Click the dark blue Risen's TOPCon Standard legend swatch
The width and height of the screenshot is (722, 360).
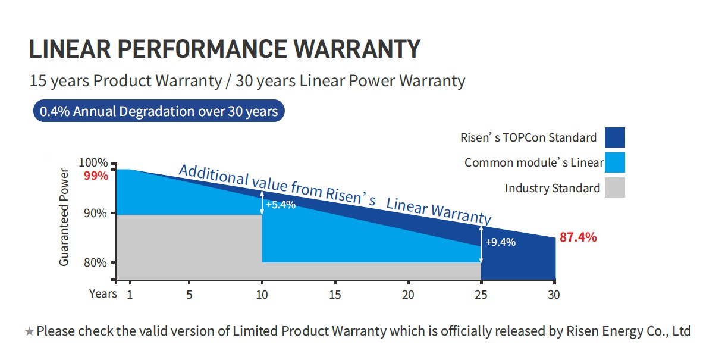pos(614,137)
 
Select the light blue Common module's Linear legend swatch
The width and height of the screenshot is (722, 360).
pos(614,162)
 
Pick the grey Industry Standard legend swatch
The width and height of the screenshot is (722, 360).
pos(614,187)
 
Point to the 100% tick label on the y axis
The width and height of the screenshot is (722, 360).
pos(93,162)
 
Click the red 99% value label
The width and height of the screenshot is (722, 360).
pos(96,176)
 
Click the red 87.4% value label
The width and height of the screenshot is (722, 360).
pos(578,237)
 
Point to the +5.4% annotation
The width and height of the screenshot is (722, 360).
pos(280,205)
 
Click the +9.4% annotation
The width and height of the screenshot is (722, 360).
pos(500,242)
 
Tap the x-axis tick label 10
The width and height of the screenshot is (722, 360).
pos(262,294)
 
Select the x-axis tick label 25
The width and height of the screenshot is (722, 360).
pos(481,294)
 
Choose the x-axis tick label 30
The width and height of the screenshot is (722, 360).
pos(554,294)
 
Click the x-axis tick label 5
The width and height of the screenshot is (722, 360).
pos(189,294)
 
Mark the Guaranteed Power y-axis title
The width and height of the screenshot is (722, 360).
pos(64,217)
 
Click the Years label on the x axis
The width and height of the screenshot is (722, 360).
pos(103,293)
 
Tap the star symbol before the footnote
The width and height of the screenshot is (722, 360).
pos(29,331)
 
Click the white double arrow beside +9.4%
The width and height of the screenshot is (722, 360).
pos(481,243)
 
